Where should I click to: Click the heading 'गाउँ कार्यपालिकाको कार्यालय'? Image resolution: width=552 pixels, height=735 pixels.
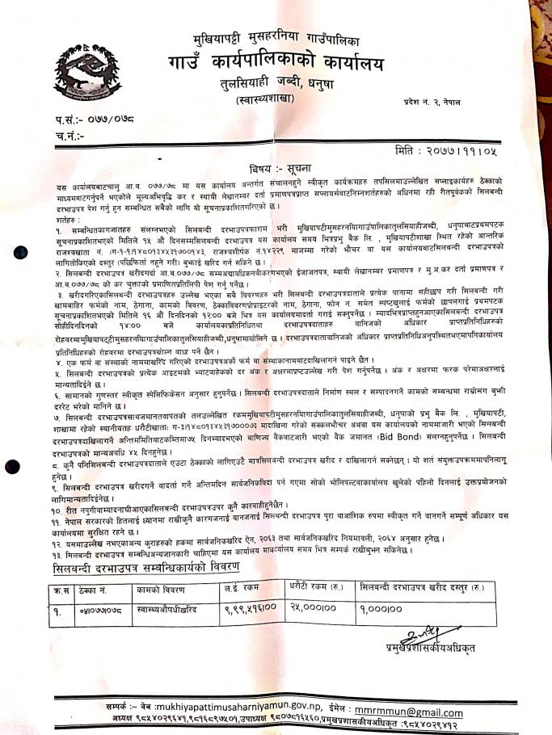point(276,62)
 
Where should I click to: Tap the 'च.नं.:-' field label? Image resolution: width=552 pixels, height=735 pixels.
point(71,136)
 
